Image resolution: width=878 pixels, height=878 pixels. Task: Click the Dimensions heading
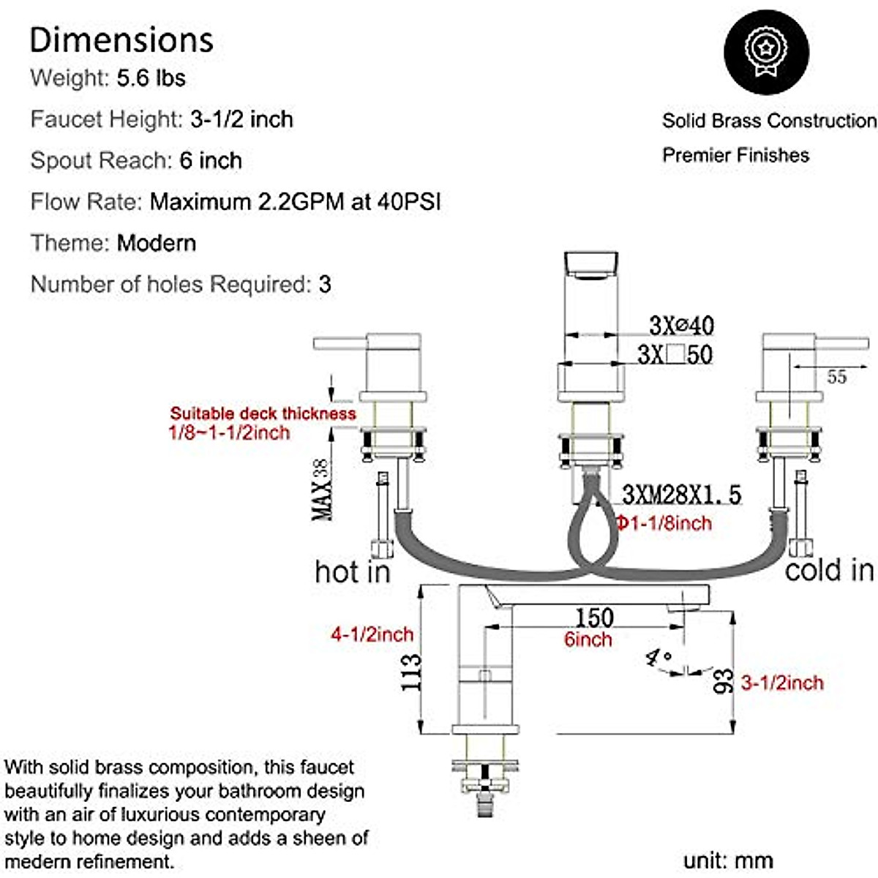pyautogui.click(x=121, y=40)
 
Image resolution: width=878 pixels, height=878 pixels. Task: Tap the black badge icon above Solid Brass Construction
pyautogui.click(x=766, y=52)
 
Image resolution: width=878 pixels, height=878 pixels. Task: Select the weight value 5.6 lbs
pyautogui.click(x=151, y=78)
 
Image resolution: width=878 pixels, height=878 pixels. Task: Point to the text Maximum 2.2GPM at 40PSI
pyautogui.click(x=296, y=201)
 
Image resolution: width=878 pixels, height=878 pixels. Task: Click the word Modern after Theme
pyautogui.click(x=157, y=243)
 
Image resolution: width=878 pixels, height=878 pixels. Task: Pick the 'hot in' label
pyautogui.click(x=353, y=571)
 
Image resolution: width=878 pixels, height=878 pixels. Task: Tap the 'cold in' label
pyautogui.click(x=829, y=569)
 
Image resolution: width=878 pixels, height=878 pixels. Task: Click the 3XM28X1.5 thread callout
pyautogui.click(x=681, y=495)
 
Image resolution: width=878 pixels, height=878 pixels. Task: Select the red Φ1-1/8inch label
pyautogui.click(x=663, y=523)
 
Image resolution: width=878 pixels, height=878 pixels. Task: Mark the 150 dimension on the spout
pyautogui.click(x=593, y=618)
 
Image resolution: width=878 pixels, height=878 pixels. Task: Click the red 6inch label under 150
pyautogui.click(x=588, y=639)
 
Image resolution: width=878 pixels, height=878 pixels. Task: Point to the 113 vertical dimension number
pyautogui.click(x=411, y=672)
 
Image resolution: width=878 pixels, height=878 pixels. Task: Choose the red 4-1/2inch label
pyautogui.click(x=372, y=634)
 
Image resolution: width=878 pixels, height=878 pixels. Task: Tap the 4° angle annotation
pyautogui.click(x=658, y=658)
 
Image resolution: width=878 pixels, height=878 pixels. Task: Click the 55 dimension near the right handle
pyautogui.click(x=836, y=377)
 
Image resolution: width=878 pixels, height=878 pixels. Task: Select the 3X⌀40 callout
pyautogui.click(x=681, y=325)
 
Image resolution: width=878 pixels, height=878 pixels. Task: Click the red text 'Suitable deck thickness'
pyautogui.click(x=263, y=413)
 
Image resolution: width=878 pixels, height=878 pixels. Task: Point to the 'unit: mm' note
pyautogui.click(x=728, y=860)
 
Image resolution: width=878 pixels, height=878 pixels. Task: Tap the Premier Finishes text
pyautogui.click(x=735, y=155)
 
